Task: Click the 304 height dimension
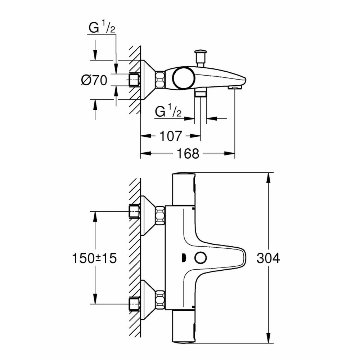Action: point(268,258)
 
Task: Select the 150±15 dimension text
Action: point(95,258)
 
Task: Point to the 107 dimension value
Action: point(170,136)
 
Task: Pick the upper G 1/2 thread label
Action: point(101,28)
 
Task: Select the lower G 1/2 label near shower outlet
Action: point(168,112)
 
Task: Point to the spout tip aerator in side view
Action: point(234,87)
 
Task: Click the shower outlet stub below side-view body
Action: point(200,94)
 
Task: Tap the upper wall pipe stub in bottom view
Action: point(134,211)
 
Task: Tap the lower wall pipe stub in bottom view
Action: point(134,303)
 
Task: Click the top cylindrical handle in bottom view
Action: point(184,189)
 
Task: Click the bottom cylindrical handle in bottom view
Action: point(184,328)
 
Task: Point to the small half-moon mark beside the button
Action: point(183,258)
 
